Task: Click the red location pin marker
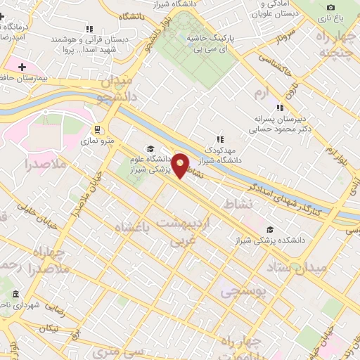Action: pos(181,165)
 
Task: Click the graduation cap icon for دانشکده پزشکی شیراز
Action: pos(271,229)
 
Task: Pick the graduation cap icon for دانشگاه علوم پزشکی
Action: pos(149,148)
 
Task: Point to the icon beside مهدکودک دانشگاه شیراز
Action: pos(220,139)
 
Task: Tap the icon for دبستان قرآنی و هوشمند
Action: pos(88,29)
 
